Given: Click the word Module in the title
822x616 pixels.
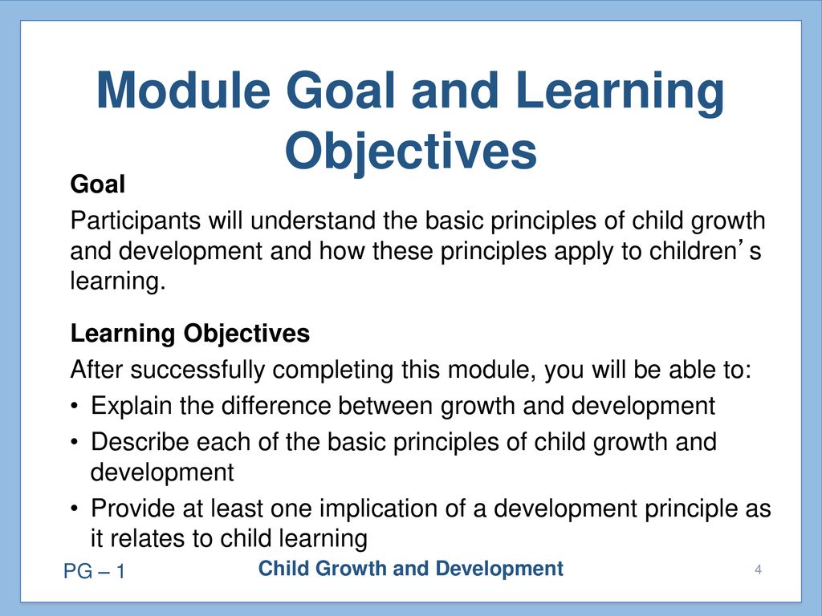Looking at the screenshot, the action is pyautogui.click(x=183, y=90).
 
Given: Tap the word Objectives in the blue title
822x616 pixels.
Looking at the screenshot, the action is pyautogui.click(x=411, y=150).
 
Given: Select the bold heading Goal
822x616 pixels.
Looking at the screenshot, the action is pyautogui.click(x=98, y=184).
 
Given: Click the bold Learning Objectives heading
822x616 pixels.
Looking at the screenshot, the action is pyautogui.click(x=189, y=334).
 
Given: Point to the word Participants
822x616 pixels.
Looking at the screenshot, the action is pyautogui.click(x=135, y=221).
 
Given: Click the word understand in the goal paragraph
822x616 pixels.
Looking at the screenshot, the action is pyautogui.click(x=313, y=221).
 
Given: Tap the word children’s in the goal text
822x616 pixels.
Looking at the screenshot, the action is pyautogui.click(x=705, y=250).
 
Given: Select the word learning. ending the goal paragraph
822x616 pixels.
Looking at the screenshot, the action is pyautogui.click(x=118, y=282).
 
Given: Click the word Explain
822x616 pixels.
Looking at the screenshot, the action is pyautogui.click(x=131, y=406).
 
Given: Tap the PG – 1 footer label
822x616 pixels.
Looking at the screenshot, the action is pyautogui.click(x=95, y=571).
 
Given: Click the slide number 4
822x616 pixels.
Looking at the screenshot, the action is pyautogui.click(x=758, y=569).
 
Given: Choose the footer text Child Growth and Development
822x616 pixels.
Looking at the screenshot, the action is pyautogui.click(x=411, y=569).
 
